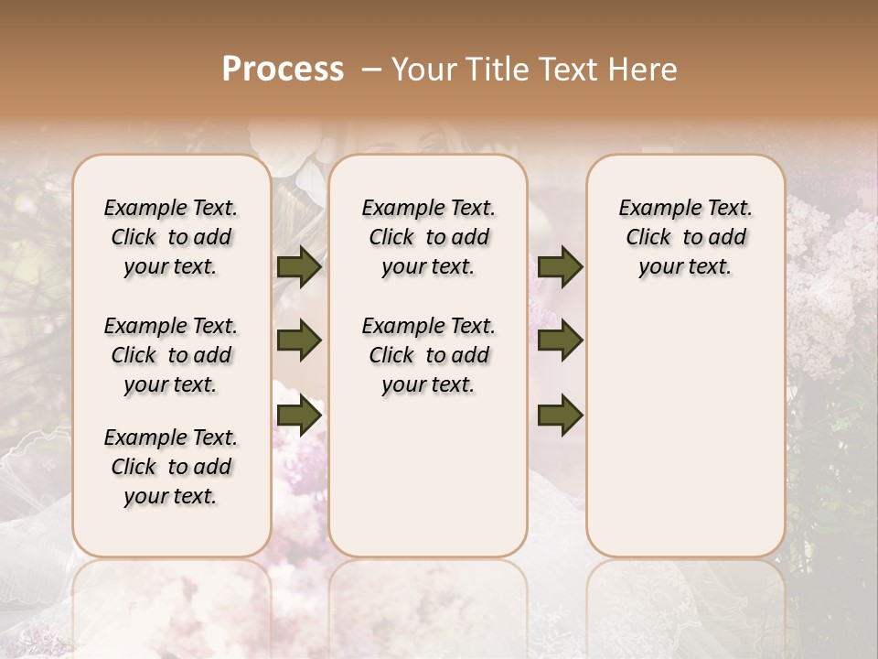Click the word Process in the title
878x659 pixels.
click(x=283, y=70)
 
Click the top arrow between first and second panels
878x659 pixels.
click(x=299, y=267)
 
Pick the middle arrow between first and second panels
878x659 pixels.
click(x=299, y=341)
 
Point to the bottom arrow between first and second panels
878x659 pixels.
click(x=299, y=415)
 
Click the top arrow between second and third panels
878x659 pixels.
click(x=560, y=267)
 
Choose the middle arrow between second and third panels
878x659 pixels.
click(x=560, y=341)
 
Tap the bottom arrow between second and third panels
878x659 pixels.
click(x=560, y=415)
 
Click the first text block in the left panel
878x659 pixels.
click(x=171, y=237)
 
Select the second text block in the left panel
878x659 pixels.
click(x=171, y=355)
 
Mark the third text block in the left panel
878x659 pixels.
click(x=171, y=467)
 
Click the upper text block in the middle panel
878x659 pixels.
click(x=428, y=237)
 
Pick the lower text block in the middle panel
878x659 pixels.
click(x=428, y=355)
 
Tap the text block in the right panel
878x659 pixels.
click(x=685, y=237)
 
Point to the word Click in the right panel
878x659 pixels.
click(x=648, y=238)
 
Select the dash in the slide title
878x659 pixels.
click(x=371, y=70)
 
